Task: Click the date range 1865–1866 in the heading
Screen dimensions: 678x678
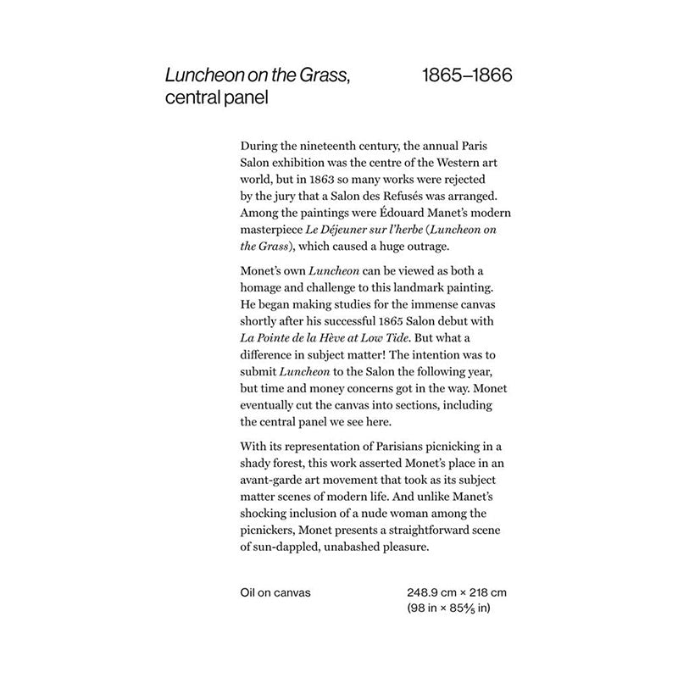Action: tap(467, 76)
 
